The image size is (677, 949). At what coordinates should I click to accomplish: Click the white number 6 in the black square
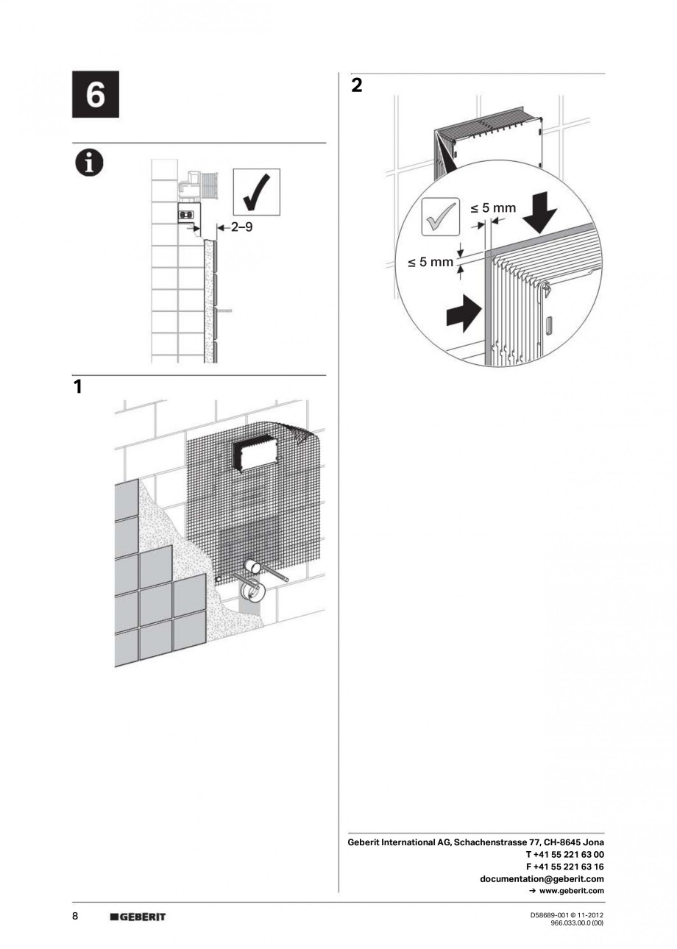click(x=95, y=95)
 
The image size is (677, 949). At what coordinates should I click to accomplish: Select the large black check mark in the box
click(x=256, y=192)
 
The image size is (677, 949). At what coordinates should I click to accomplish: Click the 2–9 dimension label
click(x=241, y=228)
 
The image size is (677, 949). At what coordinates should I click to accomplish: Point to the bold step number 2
click(x=357, y=86)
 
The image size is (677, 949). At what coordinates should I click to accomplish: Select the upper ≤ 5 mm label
click(x=493, y=208)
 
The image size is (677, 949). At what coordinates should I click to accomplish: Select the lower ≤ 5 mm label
click(x=430, y=261)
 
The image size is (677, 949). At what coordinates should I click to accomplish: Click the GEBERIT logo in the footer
click(x=138, y=917)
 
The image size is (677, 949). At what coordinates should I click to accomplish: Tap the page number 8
click(x=76, y=916)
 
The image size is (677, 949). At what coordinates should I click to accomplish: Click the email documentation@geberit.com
click(x=542, y=878)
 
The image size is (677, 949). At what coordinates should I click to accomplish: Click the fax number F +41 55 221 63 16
click(x=565, y=867)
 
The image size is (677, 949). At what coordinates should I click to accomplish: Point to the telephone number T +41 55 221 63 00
click(x=564, y=854)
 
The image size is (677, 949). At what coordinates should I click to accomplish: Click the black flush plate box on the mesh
click(x=254, y=455)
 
